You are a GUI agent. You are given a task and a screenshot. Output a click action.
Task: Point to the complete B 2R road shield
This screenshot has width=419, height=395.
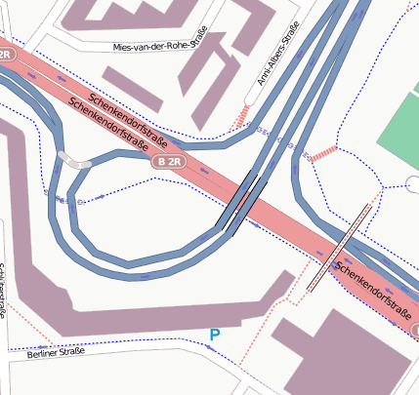coord(168,162)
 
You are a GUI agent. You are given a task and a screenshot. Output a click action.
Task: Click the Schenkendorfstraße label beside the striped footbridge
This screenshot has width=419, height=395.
coord(371,289)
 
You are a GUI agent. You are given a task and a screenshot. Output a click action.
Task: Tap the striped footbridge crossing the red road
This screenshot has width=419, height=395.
coord(340,247)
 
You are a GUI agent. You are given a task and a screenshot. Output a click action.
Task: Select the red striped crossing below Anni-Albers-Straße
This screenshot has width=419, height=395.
coord(241,115)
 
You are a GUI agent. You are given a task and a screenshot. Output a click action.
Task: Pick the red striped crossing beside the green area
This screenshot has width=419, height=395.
coord(323,154)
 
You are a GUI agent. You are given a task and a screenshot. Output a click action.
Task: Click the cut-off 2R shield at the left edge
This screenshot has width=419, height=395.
coord(5,54)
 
